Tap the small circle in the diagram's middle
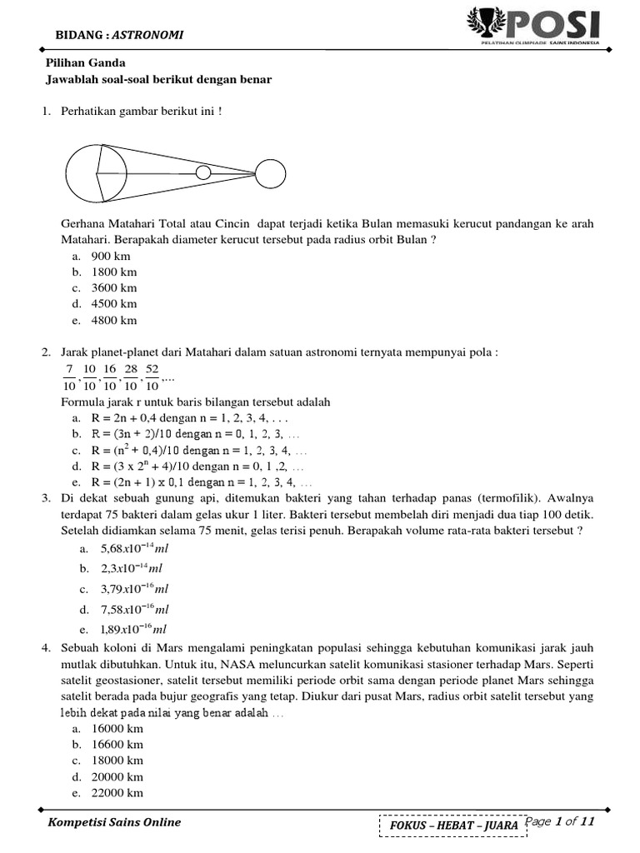pos(202,173)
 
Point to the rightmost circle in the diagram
pos(268,173)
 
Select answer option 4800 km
pos(109,320)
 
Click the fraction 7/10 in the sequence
pos(67,377)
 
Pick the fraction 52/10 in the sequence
pos(152,377)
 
